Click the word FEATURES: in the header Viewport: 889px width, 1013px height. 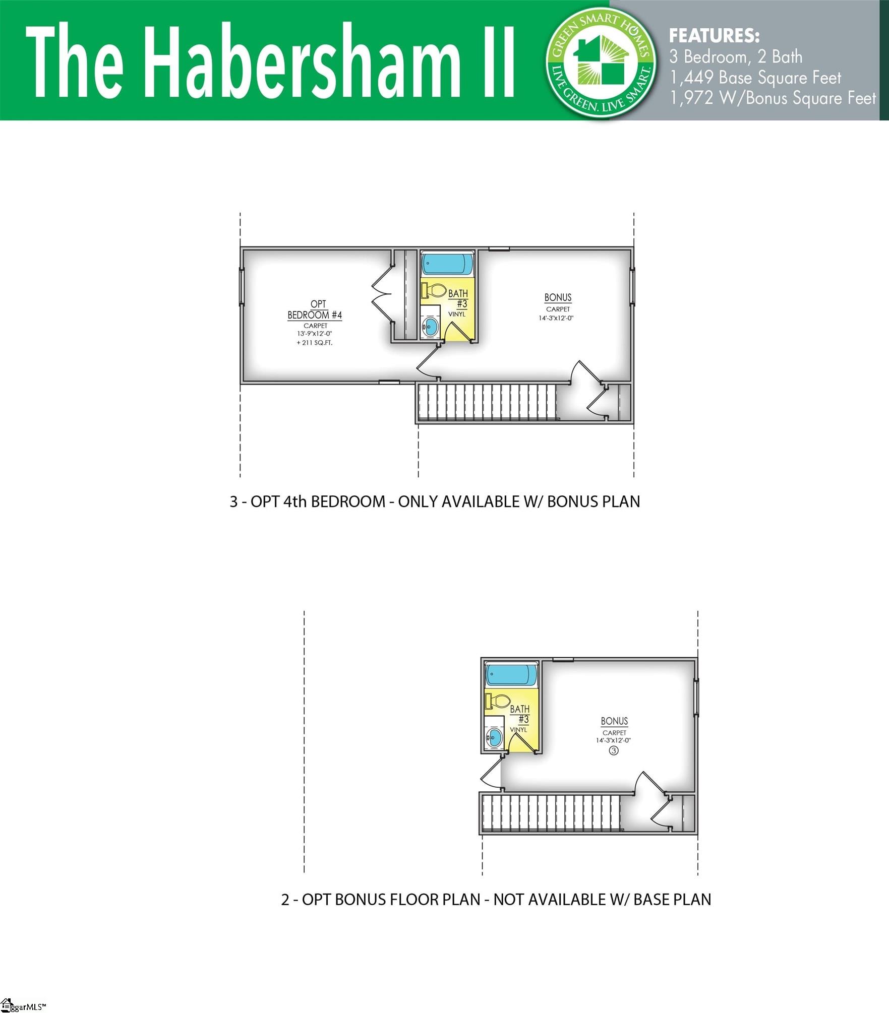pos(714,36)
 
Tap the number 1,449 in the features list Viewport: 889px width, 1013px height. pos(691,78)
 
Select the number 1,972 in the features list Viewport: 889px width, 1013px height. pos(692,98)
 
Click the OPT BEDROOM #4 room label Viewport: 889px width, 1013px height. pos(315,309)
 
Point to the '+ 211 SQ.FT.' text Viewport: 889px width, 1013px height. pos(314,343)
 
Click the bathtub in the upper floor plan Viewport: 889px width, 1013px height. pos(447,264)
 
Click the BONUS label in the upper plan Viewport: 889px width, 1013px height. pos(558,297)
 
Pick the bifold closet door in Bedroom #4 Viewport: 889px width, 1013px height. pos(382,293)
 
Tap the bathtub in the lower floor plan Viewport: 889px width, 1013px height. pos(510,674)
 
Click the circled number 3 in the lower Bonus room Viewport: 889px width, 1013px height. pos(614,750)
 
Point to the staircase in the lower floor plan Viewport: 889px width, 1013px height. pos(551,812)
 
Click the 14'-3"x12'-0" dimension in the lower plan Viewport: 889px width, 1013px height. pos(613,740)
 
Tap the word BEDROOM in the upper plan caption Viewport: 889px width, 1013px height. pos(348,501)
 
